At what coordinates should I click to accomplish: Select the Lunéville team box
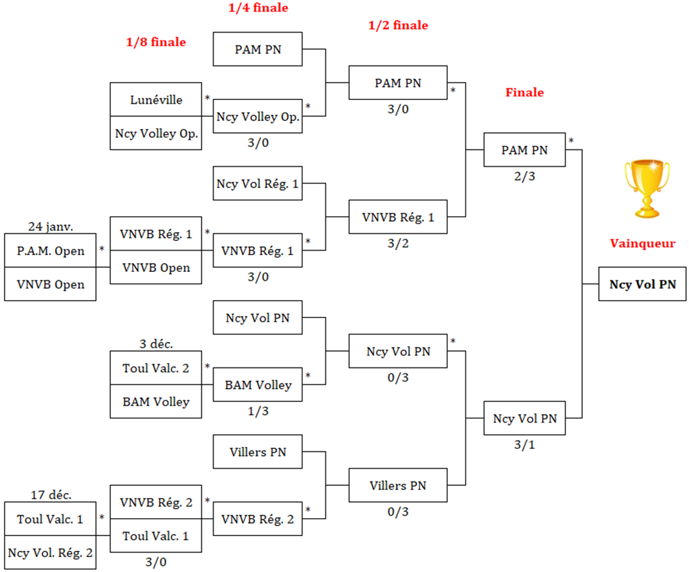[x=156, y=99]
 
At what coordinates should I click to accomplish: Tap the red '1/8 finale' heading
[x=156, y=42]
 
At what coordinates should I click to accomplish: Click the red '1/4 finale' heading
[x=258, y=8]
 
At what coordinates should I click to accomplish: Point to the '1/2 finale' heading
[x=398, y=26]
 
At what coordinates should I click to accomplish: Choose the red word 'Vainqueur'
[x=642, y=244]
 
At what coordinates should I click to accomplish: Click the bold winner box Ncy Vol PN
[x=642, y=284]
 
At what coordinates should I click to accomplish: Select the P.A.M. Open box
[x=50, y=251]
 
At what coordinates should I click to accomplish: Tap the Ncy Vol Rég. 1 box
[x=257, y=184]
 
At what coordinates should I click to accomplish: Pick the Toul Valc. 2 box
[x=156, y=368]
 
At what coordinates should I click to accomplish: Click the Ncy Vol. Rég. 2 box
[x=50, y=552]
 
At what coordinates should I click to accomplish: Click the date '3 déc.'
[x=156, y=344]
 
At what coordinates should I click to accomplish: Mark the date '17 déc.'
[x=51, y=494]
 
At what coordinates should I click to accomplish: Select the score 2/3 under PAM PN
[x=524, y=176]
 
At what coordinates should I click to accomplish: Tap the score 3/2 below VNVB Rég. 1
[x=398, y=243]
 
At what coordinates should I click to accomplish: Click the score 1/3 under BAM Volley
[x=257, y=411]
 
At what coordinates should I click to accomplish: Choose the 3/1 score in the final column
[x=524, y=445]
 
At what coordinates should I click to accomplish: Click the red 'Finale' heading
[x=524, y=92]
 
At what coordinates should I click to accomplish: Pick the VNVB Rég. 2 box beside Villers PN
[x=257, y=519]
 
